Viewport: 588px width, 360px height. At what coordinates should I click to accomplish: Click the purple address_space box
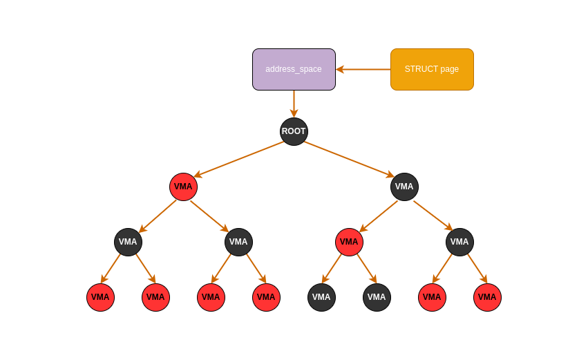294,69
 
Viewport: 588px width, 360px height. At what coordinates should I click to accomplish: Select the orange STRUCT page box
432,69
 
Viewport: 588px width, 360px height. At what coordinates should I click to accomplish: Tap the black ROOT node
294,131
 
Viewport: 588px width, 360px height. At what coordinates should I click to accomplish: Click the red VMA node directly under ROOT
183,187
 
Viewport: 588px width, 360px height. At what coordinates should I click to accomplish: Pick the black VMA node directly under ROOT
404,187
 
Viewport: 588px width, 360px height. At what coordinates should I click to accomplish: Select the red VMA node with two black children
349,242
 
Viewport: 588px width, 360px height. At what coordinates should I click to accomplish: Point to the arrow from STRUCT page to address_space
363,69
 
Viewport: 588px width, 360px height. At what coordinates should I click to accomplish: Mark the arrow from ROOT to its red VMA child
239,159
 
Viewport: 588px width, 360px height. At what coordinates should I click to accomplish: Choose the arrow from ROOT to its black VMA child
349,159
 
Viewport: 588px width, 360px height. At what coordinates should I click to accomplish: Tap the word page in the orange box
450,69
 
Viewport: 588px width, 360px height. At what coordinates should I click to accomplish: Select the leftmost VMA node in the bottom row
100,297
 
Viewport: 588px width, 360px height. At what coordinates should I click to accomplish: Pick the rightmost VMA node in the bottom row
487,297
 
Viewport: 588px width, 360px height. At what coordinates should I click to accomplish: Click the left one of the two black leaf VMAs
321,297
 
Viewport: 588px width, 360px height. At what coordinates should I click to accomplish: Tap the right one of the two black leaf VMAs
377,297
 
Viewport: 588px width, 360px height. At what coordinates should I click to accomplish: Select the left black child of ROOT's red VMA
128,242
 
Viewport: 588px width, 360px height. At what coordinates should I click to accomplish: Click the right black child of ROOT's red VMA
238,242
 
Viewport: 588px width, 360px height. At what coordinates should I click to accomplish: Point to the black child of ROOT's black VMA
459,242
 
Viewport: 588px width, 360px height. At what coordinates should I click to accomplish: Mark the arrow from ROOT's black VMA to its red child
379,216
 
